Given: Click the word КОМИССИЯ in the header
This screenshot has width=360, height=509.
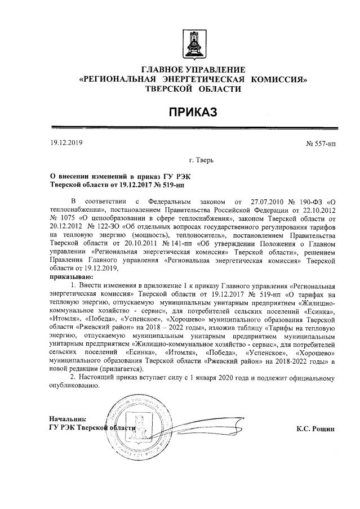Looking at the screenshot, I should pyautogui.click(x=279, y=79).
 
